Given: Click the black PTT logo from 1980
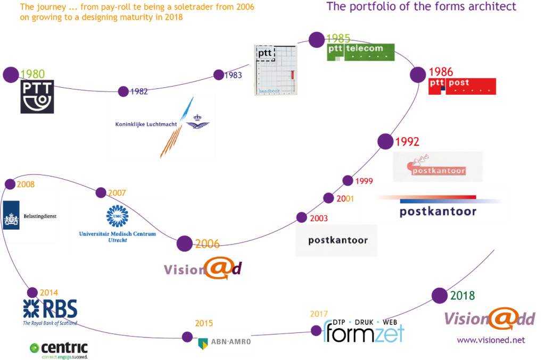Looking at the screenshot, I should (37, 97).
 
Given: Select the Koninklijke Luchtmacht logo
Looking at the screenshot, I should (162, 127).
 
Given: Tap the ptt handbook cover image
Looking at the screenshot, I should (275, 70).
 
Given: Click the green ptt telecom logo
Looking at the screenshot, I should (360, 52).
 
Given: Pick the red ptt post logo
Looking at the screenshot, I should (462, 86).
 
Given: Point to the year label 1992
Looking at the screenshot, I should (407, 142).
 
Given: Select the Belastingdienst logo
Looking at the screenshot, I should (30, 216).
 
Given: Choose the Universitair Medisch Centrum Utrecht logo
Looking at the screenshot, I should (118, 225).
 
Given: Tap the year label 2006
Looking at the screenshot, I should (208, 244).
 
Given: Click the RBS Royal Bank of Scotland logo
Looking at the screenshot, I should (50, 312).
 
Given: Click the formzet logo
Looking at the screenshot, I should (364, 331).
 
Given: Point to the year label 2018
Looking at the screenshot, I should (462, 296).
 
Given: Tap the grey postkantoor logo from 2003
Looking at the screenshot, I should (336, 240).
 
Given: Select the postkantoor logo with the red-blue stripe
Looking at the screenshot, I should (434, 205).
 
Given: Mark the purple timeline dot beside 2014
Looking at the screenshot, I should (32, 292).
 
